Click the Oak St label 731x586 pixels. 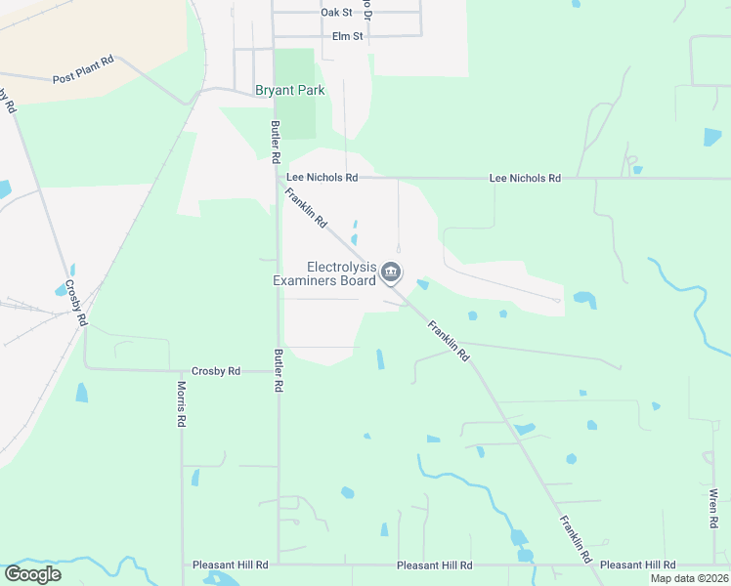coord(336,13)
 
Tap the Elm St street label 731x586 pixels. coord(347,36)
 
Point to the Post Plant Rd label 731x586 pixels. coord(83,68)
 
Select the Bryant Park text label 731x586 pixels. coord(289,91)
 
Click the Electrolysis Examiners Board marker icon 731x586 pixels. coord(392,272)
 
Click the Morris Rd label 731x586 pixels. coord(181,404)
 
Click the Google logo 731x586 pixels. coord(32,574)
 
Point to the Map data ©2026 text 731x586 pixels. coord(690,578)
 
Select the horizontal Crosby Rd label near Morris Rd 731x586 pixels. coord(216,371)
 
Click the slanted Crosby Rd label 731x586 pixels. coord(76,304)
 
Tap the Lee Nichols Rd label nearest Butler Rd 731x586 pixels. coord(322,178)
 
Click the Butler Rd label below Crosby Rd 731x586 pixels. coord(279,371)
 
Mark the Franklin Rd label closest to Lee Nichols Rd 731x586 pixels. coord(306,208)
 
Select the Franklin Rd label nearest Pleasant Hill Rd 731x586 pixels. coord(576,539)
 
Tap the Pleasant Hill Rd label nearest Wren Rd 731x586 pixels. coord(637,565)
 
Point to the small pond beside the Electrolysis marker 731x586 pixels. coord(423,284)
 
